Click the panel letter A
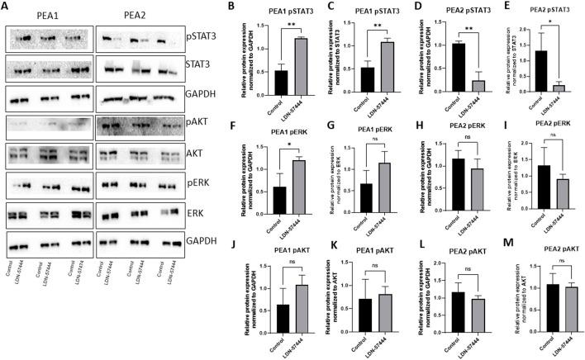pos(6,7)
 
